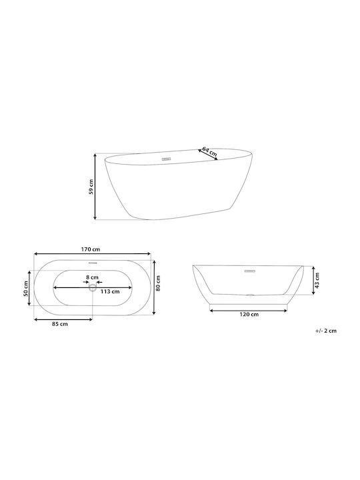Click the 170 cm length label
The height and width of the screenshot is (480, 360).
point(91,249)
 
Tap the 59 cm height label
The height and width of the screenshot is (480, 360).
point(91,187)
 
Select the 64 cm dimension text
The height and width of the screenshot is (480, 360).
point(210,152)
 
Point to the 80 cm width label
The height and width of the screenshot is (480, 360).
point(158,283)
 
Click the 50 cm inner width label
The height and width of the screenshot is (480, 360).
point(26,289)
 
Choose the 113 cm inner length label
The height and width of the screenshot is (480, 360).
point(110,291)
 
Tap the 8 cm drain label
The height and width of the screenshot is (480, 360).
point(92,277)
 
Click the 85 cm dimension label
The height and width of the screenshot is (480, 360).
point(60,324)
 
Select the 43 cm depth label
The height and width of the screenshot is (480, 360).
point(317,281)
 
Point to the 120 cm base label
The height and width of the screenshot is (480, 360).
point(249,315)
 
